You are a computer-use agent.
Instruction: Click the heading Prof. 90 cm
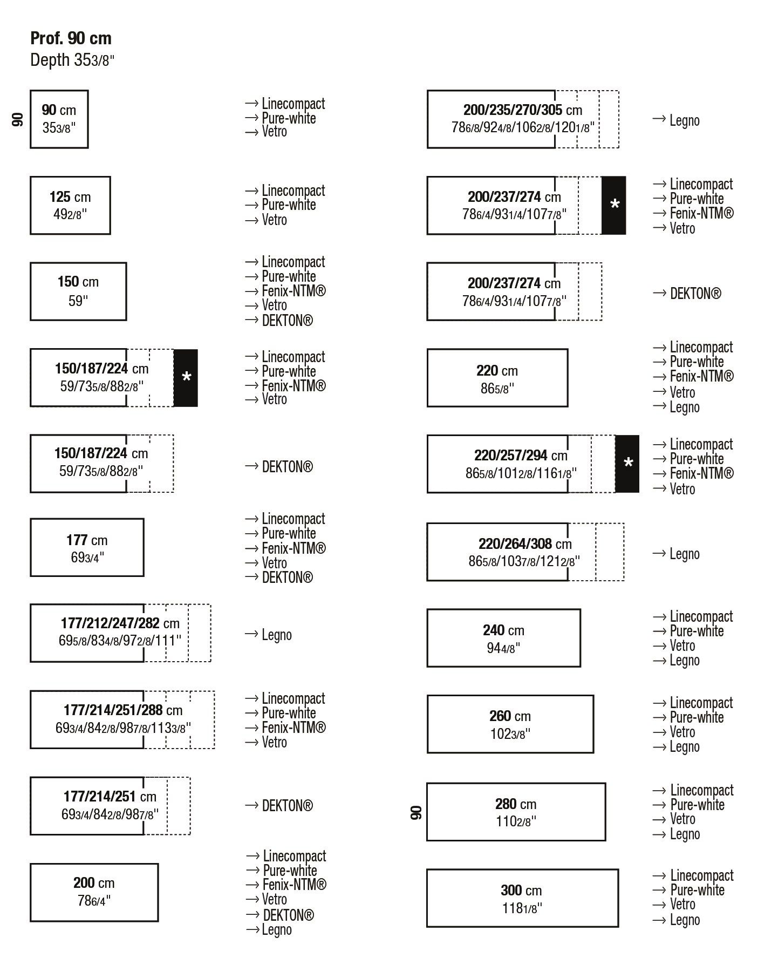(71, 38)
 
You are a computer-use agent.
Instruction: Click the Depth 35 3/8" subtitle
(72, 60)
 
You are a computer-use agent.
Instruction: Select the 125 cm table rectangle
(70, 205)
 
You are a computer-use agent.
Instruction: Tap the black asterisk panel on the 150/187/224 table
(186, 378)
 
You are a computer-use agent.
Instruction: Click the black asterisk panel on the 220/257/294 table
(627, 464)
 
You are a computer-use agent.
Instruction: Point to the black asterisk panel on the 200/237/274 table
(613, 205)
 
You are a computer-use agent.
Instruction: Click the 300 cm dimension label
(521, 890)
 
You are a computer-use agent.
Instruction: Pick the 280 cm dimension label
(516, 804)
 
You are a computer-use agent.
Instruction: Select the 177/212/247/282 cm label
(120, 623)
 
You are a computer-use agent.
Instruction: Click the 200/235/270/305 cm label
(522, 110)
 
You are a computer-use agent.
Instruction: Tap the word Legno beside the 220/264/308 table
(684, 554)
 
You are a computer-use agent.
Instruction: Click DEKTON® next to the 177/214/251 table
(287, 806)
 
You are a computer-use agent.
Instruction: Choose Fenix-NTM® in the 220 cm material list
(701, 376)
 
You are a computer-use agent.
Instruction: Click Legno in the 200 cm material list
(276, 929)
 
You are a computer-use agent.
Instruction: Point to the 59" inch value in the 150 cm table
(78, 301)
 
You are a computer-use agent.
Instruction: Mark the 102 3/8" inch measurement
(510, 734)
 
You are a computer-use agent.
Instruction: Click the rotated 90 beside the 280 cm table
(416, 812)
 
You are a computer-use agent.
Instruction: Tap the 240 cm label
(503, 630)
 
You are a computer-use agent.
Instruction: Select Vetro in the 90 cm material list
(274, 132)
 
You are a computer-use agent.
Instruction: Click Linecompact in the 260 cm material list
(701, 703)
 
